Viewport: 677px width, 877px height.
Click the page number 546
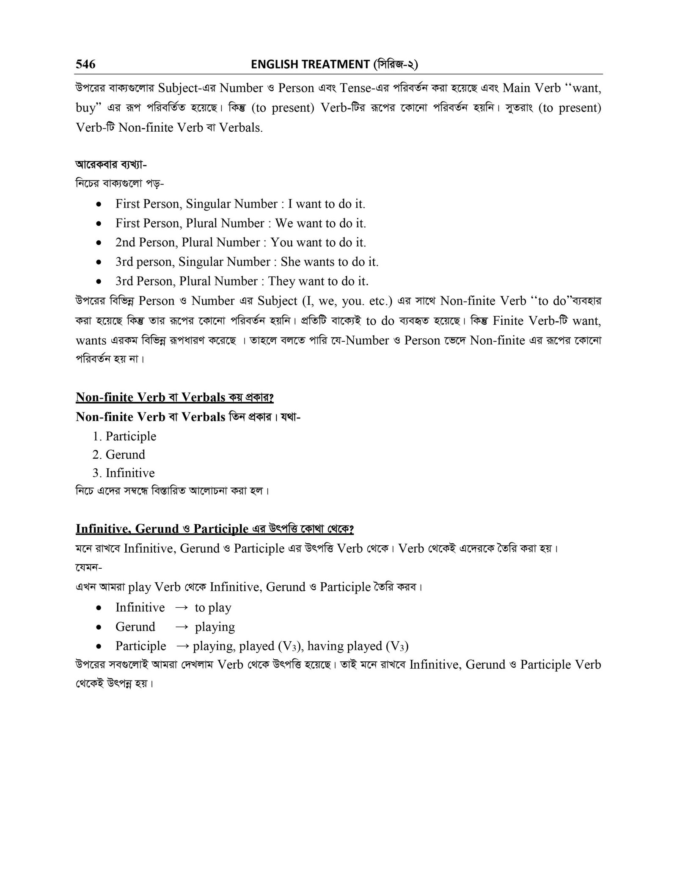point(85,64)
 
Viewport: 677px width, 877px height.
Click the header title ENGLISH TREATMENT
point(310,64)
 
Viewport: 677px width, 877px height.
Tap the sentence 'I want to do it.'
point(326,204)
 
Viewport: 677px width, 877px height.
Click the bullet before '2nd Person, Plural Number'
point(99,243)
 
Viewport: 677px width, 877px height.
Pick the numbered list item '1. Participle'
point(124,436)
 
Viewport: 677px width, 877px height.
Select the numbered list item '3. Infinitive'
point(124,473)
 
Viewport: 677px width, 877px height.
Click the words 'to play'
point(213,608)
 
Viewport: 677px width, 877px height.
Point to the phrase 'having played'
point(344,646)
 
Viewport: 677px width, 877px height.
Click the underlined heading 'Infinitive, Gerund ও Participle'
point(162,529)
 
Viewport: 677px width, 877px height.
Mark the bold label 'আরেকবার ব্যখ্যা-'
point(111,164)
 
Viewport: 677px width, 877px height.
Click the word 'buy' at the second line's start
point(86,108)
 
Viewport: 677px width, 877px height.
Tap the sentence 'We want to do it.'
point(320,223)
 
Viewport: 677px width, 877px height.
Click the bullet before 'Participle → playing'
point(99,647)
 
